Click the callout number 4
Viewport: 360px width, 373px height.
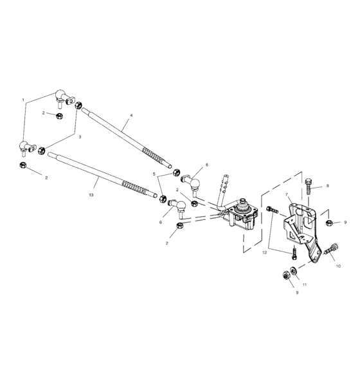point(130,116)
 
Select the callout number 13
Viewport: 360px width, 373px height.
point(91,194)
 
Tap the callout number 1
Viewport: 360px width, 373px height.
point(23,100)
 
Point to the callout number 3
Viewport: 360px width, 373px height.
point(80,138)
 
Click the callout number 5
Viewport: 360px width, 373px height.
point(154,174)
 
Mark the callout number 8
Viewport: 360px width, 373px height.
point(327,186)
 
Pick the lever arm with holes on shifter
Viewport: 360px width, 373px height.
point(225,183)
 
